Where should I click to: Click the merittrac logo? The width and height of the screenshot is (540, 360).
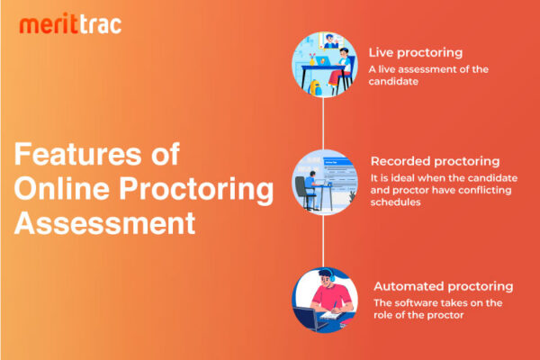[x=70, y=24]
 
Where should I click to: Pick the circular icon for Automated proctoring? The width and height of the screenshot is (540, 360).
[x=322, y=298]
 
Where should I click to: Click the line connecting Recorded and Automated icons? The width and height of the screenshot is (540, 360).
[x=322, y=239]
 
